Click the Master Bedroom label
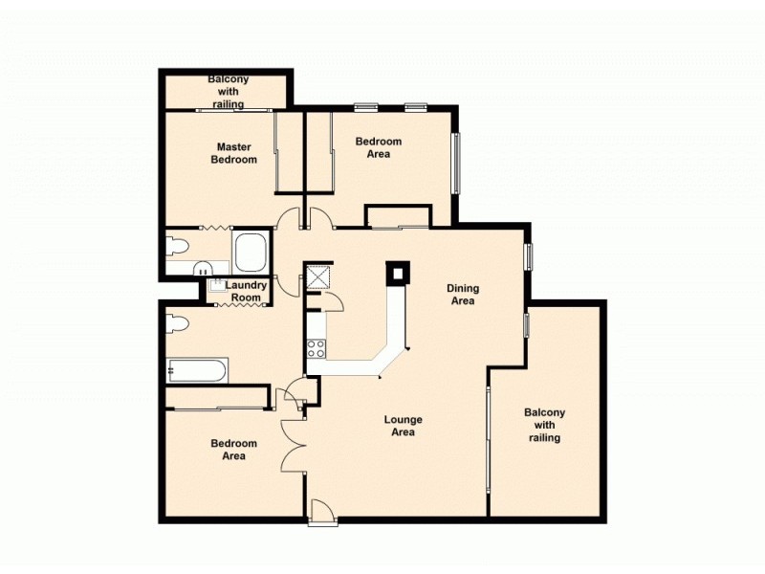coord(234,153)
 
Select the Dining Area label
coord(463,295)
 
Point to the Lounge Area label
coord(403,426)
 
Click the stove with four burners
coord(316,348)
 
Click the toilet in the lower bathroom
coord(177,322)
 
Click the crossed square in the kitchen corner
coord(317,276)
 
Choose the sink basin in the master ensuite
coord(203,269)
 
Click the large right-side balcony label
coord(544,425)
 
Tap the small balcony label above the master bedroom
coord(228,91)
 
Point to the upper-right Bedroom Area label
coord(379,147)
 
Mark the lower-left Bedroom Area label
coord(234,450)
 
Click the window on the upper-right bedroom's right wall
coord(456,161)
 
